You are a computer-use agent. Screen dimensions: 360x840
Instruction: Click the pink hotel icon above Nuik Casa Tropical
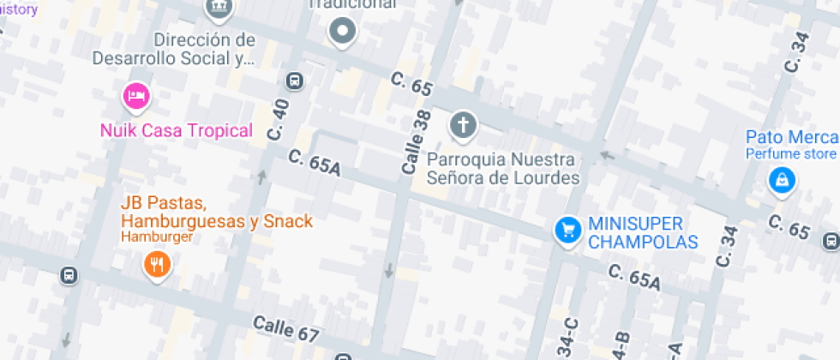click(135, 96)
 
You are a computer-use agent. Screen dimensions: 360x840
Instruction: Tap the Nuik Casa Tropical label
click(177, 131)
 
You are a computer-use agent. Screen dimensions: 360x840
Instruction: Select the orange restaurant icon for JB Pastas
click(155, 265)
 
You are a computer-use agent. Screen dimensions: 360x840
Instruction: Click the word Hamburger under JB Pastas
click(157, 237)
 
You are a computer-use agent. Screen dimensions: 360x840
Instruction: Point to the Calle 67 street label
click(286, 331)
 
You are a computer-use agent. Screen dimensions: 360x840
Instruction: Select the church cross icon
click(463, 126)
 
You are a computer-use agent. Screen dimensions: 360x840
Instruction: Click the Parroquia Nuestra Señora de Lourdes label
click(503, 169)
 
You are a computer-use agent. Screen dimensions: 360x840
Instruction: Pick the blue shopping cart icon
click(567, 230)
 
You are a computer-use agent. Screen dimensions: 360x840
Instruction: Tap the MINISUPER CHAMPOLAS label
click(643, 233)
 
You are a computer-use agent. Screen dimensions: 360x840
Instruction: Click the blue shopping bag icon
click(782, 180)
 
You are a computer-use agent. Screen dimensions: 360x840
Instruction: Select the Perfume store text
click(789, 154)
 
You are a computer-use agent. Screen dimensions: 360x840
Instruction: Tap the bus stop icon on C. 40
click(294, 81)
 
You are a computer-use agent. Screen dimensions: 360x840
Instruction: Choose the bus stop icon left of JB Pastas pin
click(69, 276)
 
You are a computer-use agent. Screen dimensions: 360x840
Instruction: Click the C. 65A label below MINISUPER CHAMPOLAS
click(635, 278)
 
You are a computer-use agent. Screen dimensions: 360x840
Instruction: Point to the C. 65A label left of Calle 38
click(315, 163)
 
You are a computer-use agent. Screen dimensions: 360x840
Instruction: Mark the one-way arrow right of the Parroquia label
click(608, 156)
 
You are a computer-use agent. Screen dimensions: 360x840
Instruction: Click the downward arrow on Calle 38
click(388, 271)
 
